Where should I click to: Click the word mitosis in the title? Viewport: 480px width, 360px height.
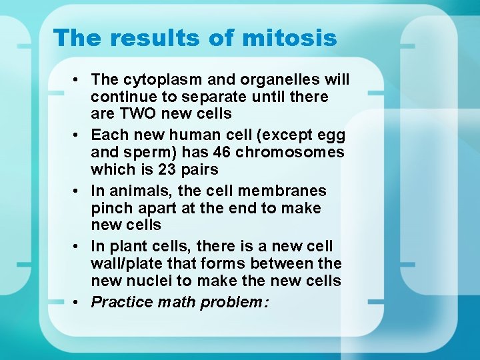pos(289,38)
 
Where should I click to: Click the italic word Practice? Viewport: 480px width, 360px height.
pos(122,303)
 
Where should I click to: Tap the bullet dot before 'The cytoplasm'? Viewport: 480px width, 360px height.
pos(79,80)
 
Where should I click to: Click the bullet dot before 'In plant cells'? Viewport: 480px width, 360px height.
pos(79,247)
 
